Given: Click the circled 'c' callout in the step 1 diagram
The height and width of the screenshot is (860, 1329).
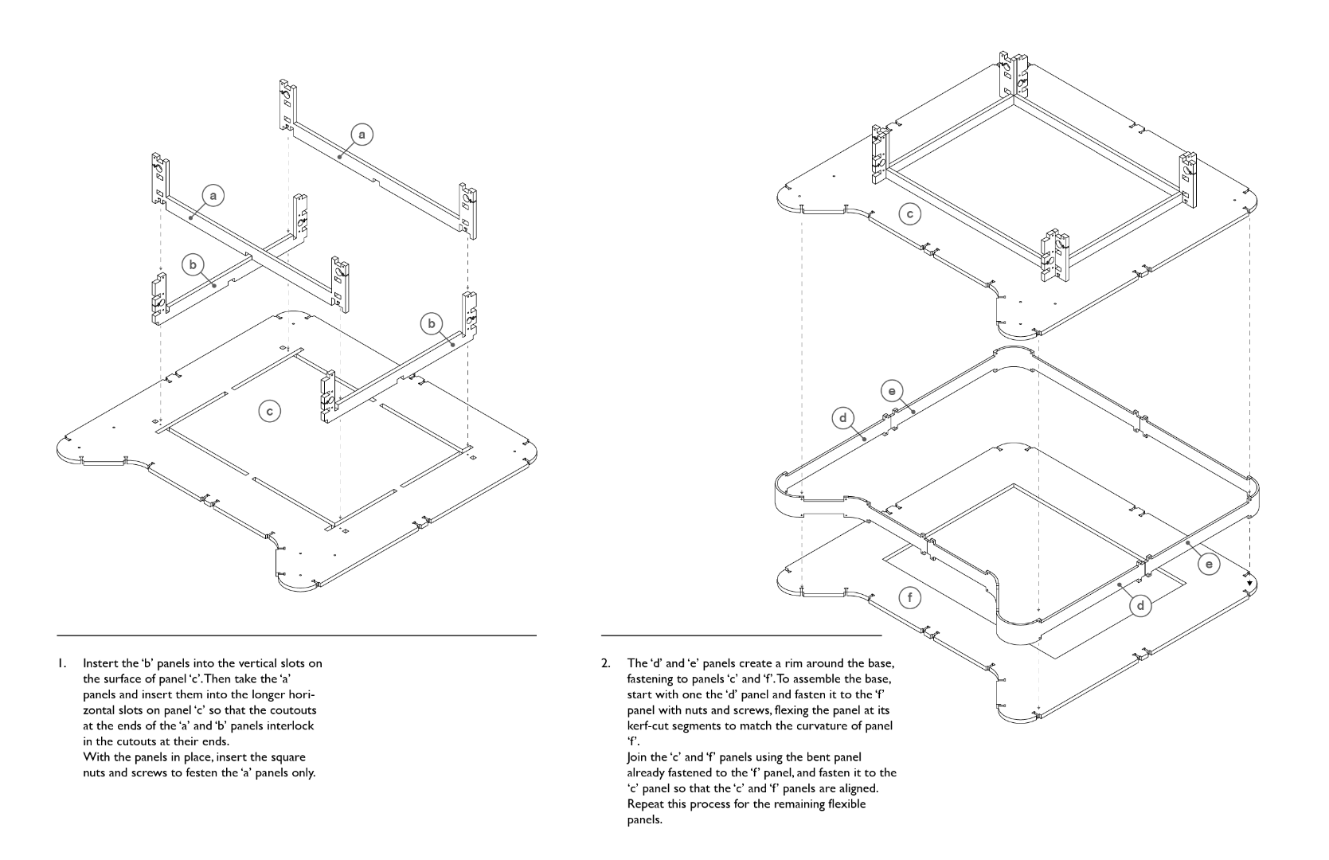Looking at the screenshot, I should point(270,411).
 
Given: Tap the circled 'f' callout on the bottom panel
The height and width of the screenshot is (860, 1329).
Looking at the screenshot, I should point(910,597).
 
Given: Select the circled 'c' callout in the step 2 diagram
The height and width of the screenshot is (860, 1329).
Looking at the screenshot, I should point(910,213).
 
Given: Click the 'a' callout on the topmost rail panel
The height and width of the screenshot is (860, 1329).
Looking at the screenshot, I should point(362,135).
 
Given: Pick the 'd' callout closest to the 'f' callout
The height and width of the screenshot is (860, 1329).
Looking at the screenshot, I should point(1140,606).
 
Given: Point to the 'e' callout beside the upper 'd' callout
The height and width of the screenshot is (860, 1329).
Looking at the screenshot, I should point(892,391).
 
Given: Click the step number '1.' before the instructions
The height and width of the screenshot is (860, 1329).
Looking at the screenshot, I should point(61,663).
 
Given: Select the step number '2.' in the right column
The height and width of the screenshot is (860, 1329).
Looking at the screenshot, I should point(607,663).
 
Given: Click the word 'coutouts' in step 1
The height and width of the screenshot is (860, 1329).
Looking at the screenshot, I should point(294,709).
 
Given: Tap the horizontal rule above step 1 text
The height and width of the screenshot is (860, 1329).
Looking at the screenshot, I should point(296,635).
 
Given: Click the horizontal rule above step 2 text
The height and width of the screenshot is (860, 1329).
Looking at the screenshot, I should point(741,635).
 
